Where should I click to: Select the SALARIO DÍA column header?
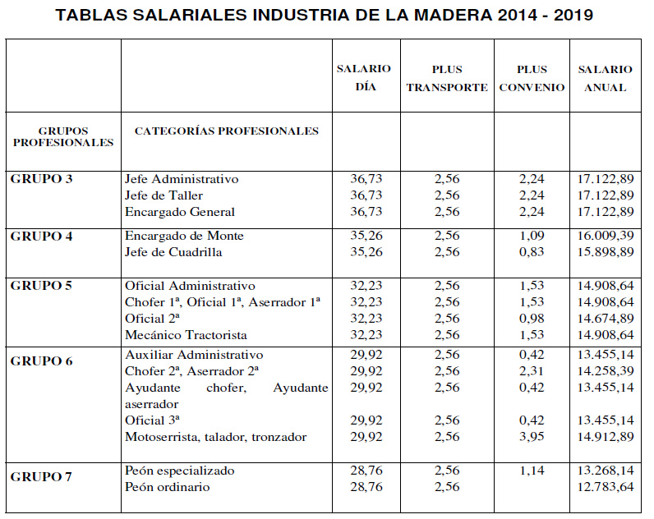[x=363, y=78]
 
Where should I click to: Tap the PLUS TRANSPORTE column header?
[x=447, y=78]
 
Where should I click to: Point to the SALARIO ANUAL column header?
[x=606, y=78]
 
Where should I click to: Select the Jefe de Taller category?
[x=163, y=195]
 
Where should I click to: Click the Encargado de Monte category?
[x=184, y=236]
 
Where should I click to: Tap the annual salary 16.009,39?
[x=606, y=236]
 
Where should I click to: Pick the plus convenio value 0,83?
[x=532, y=252]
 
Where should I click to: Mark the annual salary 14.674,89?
[x=606, y=318]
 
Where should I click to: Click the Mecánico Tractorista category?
[x=186, y=334]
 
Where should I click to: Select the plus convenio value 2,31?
[x=532, y=371]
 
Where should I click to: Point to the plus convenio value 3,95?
[x=532, y=437]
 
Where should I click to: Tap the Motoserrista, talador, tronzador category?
[x=215, y=437]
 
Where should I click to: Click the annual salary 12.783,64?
[x=606, y=487]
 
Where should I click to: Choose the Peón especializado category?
[x=180, y=471]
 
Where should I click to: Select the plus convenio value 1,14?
[x=532, y=471]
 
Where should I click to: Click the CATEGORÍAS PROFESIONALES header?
[x=226, y=131]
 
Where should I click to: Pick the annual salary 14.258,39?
[x=606, y=371]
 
